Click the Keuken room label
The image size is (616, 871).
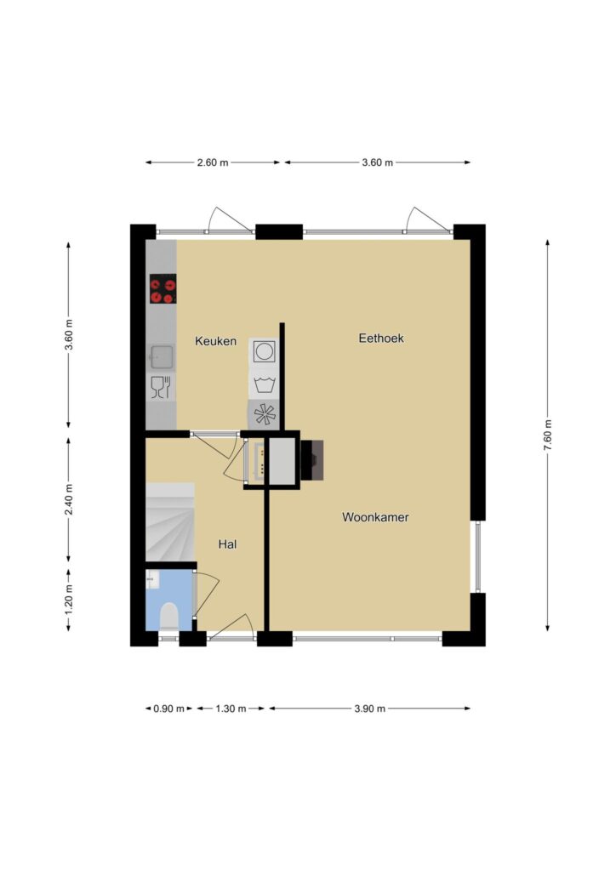pyautogui.click(x=215, y=341)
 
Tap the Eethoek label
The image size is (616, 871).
pyautogui.click(x=381, y=338)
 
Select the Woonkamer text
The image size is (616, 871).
pyautogui.click(x=375, y=517)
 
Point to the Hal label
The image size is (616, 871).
pyautogui.click(x=228, y=544)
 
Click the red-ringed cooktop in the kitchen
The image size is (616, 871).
pyautogui.click(x=163, y=289)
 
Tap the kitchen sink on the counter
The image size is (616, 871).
pyautogui.click(x=161, y=357)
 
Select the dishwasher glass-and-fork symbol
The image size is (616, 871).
pyautogui.click(x=161, y=387)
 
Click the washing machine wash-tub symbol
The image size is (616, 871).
pyautogui.click(x=264, y=384)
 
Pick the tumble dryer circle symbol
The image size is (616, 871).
pyautogui.click(x=264, y=351)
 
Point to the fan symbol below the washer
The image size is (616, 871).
pyautogui.click(x=264, y=415)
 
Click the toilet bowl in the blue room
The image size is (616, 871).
pyautogui.click(x=168, y=617)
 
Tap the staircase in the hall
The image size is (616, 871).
pyautogui.click(x=170, y=522)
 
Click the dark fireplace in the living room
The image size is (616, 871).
pyautogui.click(x=311, y=460)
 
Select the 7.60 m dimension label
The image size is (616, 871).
pyautogui.click(x=548, y=435)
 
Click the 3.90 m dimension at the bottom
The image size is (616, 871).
pyautogui.click(x=370, y=709)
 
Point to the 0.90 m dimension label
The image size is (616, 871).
pyautogui.click(x=168, y=709)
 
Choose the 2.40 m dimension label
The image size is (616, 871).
pyautogui.click(x=68, y=499)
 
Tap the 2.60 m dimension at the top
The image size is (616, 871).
pyautogui.click(x=213, y=162)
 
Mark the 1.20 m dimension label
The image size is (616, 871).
pyautogui.click(x=68, y=600)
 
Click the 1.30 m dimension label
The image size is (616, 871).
pyautogui.click(x=231, y=709)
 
